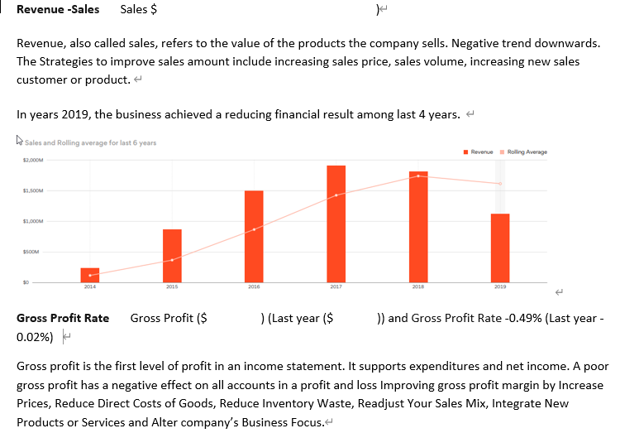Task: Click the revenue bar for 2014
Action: pyautogui.click(x=89, y=274)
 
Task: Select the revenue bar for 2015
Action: pyautogui.click(x=172, y=255)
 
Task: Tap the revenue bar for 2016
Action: pyautogui.click(x=254, y=236)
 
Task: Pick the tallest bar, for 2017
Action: pyautogui.click(x=336, y=224)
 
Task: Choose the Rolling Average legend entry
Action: pyautogui.click(x=526, y=152)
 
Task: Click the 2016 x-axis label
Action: pyautogui.click(x=254, y=286)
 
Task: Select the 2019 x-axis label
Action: pyautogui.click(x=499, y=286)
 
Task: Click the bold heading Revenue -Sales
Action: pyautogui.click(x=58, y=10)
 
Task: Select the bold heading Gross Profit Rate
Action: pyautogui.click(x=63, y=318)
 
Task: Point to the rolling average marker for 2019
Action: pyautogui.click(x=499, y=183)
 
